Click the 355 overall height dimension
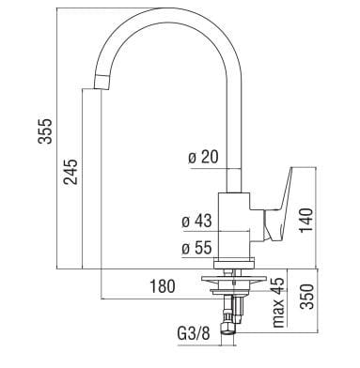pyautogui.click(x=45, y=130)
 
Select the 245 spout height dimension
pyautogui.click(x=70, y=172)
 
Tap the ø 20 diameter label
pyautogui.click(x=203, y=158)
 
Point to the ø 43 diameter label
pyautogui.click(x=197, y=222)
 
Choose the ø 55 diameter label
pyautogui.click(x=197, y=248)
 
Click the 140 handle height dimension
pyautogui.click(x=306, y=221)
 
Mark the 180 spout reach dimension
pyautogui.click(x=162, y=286)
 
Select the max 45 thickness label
pyautogui.click(x=278, y=302)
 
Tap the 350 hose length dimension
pyautogui.click(x=306, y=297)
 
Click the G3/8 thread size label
pyautogui.click(x=194, y=334)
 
